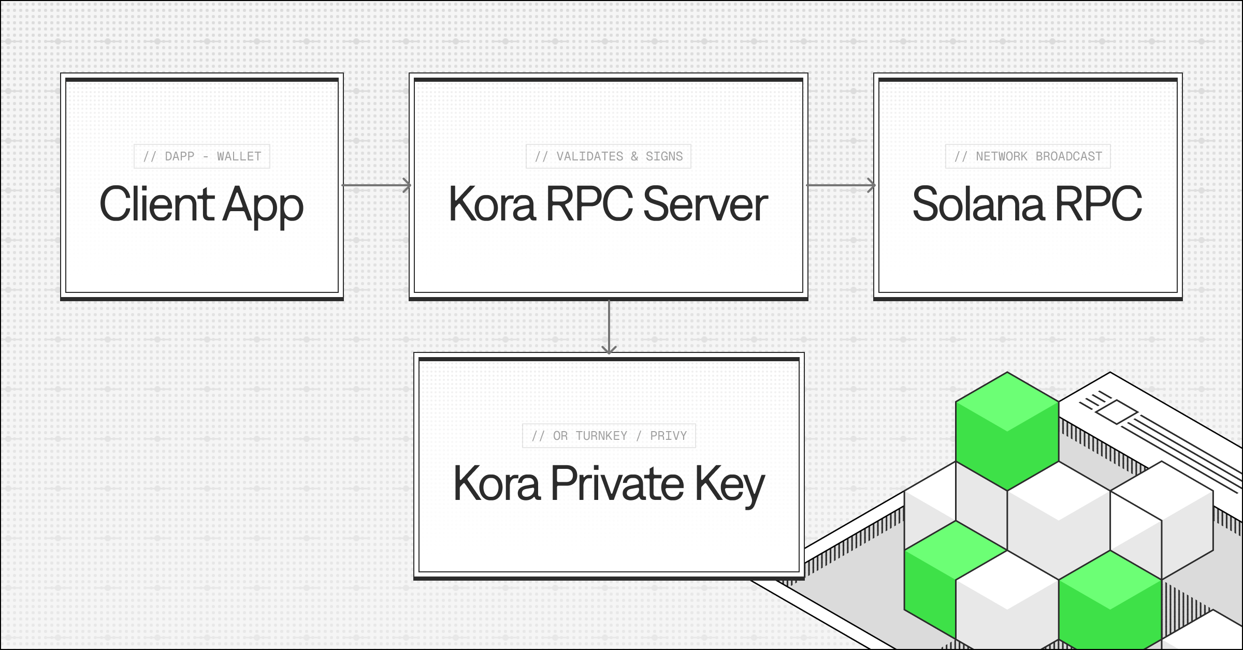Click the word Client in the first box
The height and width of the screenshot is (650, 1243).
click(156, 204)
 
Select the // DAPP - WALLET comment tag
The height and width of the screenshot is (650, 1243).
click(202, 156)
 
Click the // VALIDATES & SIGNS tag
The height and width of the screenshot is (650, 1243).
click(609, 156)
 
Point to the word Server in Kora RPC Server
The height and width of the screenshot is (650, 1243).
click(705, 204)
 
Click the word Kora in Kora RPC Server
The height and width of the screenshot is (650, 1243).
click(492, 204)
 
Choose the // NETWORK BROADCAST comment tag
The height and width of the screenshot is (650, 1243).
click(1028, 156)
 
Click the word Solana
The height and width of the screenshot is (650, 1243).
click(978, 204)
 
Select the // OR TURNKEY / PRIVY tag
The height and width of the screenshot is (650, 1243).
click(609, 436)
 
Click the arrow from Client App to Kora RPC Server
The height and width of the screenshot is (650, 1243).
click(377, 185)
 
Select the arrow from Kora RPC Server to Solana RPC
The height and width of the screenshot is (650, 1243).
click(841, 185)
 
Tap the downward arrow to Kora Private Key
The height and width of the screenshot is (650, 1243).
click(609, 326)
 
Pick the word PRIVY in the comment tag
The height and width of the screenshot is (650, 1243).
click(668, 436)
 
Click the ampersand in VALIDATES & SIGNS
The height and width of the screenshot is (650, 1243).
click(634, 156)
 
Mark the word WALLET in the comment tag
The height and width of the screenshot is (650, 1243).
click(239, 156)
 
